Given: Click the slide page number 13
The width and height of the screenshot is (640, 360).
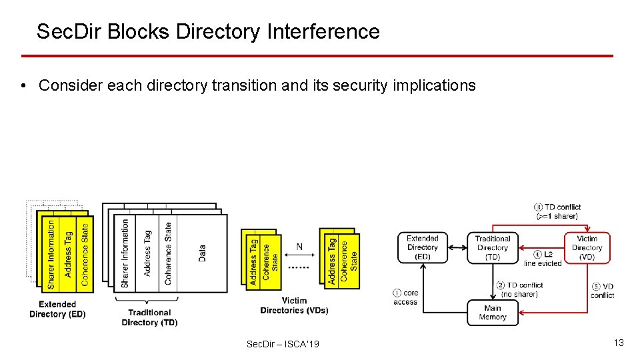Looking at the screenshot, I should pos(619,343).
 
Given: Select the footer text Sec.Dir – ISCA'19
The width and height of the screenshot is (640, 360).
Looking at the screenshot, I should pos(283,344).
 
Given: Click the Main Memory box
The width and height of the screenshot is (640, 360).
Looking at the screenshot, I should pos(492,313).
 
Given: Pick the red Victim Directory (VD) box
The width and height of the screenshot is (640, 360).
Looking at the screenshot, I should pos(587,247).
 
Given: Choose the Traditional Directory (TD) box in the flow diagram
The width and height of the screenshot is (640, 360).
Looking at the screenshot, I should pos(493,247).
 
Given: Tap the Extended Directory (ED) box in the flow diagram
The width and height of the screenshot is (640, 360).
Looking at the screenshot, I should pos(423,247).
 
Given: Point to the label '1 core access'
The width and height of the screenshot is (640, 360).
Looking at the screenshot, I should pos(406,297).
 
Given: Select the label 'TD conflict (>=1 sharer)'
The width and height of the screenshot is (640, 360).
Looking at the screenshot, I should pos(557,211).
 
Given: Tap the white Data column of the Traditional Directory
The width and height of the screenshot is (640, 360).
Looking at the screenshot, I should pos(203,253).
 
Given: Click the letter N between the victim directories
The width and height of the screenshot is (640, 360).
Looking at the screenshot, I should pos(299,247).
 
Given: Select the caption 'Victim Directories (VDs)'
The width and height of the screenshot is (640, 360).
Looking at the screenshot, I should pos(294,305).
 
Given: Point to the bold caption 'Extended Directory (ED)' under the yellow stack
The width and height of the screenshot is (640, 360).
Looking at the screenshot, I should pos(57,309).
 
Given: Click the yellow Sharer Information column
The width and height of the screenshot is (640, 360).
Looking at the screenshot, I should pos(51,254).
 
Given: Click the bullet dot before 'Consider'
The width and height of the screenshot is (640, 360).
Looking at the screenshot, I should pos(23,86).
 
